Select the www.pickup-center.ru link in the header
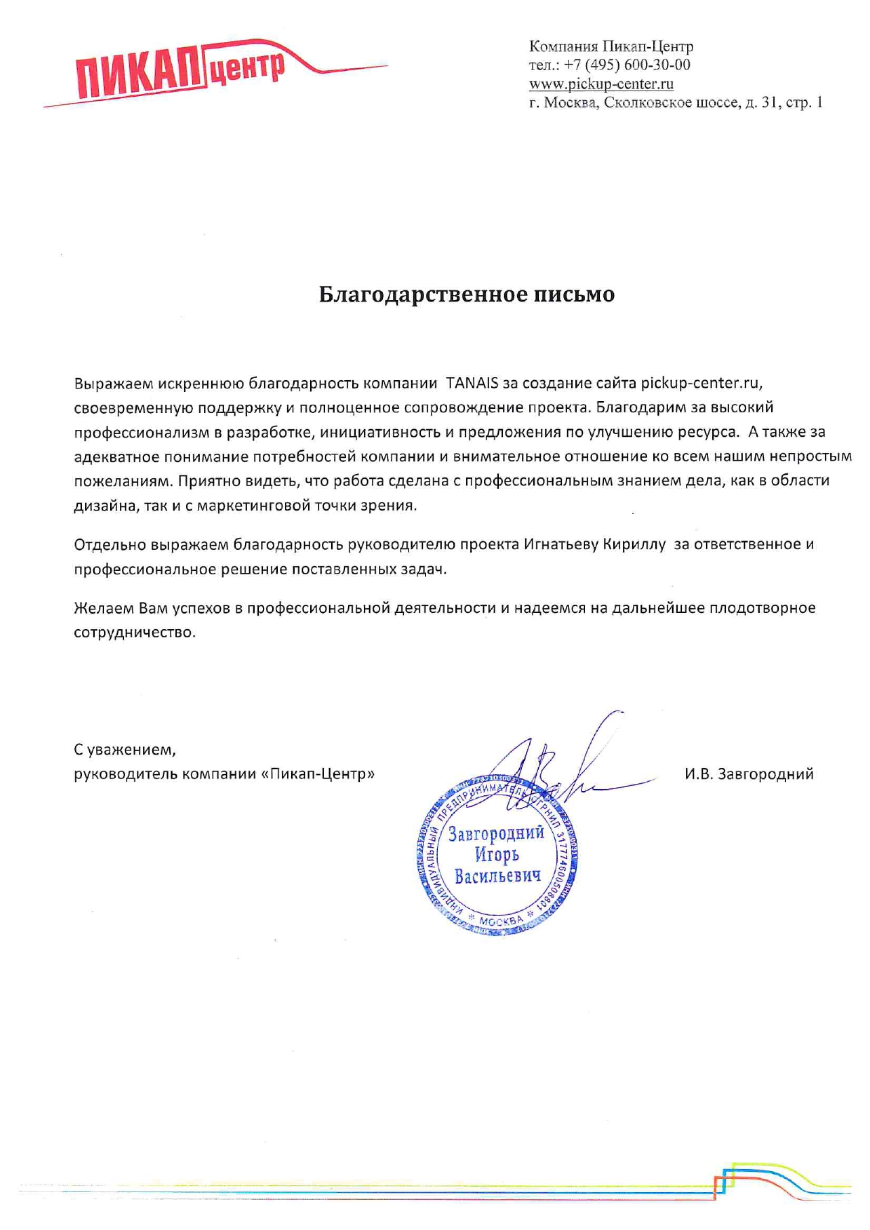(601, 84)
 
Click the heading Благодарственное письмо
(467, 294)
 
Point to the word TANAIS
(472, 383)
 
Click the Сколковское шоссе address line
(676, 102)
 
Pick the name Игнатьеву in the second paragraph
(561, 544)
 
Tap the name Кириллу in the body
(634, 544)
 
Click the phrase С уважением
(125, 750)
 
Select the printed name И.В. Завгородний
(749, 774)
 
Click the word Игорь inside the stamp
(497, 855)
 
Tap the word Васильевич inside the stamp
(497, 877)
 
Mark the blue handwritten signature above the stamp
(561, 764)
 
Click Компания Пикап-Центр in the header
(611, 47)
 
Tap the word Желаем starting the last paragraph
(103, 607)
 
